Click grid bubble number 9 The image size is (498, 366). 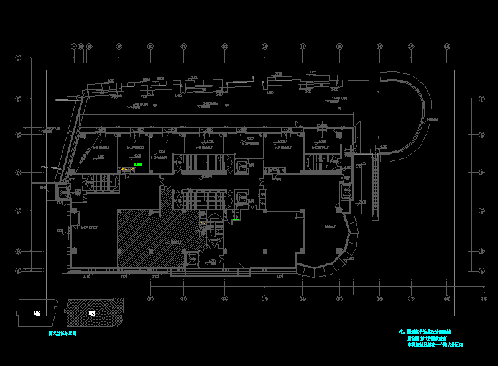coord(119,47)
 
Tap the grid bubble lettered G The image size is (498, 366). coord(19,58)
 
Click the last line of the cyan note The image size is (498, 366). coord(435,345)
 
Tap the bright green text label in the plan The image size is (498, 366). coord(137,165)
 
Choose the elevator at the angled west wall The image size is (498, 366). coord(64,191)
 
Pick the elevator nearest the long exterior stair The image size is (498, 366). coord(346,191)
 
